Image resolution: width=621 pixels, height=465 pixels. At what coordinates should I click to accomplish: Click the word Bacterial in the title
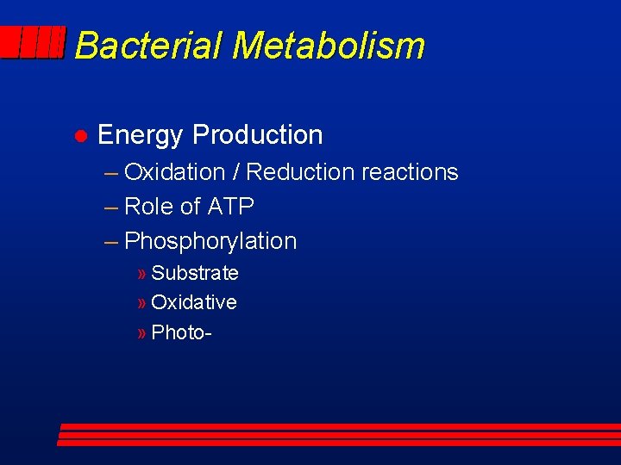[x=148, y=45]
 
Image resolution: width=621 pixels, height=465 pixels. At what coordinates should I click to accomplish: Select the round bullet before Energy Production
[x=78, y=136]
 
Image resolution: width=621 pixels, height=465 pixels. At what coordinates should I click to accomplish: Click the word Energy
[x=141, y=135]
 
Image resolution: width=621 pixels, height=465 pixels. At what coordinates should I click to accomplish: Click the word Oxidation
[x=175, y=172]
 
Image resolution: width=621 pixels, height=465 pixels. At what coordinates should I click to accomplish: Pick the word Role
[x=149, y=207]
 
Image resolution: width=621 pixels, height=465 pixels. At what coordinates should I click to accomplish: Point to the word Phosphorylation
[x=210, y=241]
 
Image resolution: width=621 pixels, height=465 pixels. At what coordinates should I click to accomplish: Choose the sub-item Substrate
[x=195, y=273]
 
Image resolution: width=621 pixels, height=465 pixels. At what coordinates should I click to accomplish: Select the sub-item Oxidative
[x=194, y=302]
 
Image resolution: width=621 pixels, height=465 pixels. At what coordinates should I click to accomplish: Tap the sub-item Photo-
[x=181, y=332]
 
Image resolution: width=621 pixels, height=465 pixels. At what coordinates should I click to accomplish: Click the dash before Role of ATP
[x=111, y=208]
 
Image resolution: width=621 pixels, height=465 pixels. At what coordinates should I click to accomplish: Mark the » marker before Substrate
[x=141, y=274]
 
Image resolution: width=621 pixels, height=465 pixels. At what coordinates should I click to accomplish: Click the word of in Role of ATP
[x=191, y=207]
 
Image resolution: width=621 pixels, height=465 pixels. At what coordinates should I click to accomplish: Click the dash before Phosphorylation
[x=111, y=242]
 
